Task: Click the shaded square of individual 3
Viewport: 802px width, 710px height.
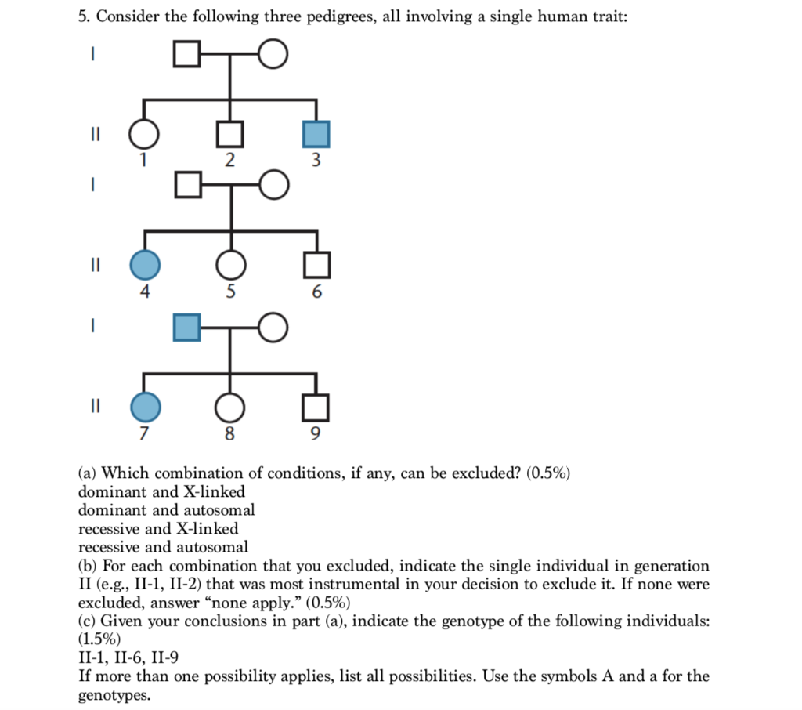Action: click(316, 134)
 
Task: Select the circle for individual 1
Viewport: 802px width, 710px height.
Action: click(143, 134)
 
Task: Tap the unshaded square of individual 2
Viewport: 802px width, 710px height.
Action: click(229, 134)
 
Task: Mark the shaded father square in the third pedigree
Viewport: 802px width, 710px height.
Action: click(186, 327)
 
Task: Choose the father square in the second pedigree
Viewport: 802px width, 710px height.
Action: click(186, 185)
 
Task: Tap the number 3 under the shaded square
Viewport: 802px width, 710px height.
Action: click(316, 161)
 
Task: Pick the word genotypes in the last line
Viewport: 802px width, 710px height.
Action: click(114, 694)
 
